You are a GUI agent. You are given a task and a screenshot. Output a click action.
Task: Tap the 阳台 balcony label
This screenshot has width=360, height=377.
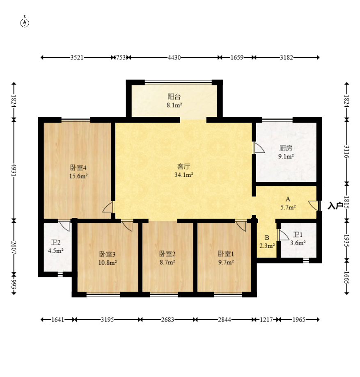174,97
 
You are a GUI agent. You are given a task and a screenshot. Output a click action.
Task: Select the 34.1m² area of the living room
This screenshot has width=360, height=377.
184,175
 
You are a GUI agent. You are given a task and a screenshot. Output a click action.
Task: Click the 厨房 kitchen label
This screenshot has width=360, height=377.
286,148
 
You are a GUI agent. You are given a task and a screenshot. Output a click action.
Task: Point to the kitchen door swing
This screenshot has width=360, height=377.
259,148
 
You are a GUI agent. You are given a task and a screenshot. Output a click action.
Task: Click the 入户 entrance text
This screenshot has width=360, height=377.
335,206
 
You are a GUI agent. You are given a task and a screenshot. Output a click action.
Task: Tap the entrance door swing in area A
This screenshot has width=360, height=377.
314,206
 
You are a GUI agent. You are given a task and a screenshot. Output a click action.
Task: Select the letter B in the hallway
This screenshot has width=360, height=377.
267,238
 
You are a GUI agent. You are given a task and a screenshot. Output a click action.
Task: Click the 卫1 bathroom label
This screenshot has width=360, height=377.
298,235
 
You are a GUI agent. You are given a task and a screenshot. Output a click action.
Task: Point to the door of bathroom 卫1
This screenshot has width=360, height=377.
283,235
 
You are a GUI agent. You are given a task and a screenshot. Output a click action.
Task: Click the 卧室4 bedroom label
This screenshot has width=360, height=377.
78,167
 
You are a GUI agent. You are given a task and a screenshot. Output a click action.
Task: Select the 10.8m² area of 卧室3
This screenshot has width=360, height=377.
108,262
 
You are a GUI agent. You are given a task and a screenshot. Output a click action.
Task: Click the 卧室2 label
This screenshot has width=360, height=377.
167,254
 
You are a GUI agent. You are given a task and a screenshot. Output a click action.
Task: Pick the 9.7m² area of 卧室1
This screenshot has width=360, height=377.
226,262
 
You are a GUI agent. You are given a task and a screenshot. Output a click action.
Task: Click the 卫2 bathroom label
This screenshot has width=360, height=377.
55,242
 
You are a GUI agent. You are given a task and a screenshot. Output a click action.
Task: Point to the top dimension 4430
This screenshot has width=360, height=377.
174,57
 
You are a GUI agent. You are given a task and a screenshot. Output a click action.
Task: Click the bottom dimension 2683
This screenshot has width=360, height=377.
167,320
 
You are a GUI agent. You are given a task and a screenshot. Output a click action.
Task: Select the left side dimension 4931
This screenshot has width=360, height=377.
14,170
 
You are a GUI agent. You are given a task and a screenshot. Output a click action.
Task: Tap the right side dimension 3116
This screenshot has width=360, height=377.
346,152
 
